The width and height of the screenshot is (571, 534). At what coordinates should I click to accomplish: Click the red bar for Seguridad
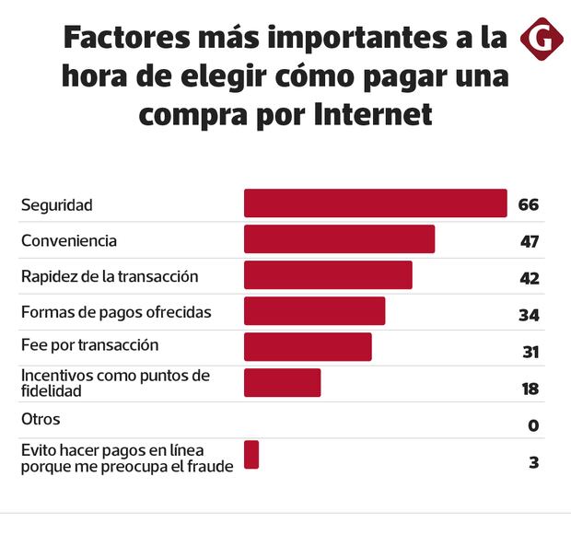[x=375, y=203]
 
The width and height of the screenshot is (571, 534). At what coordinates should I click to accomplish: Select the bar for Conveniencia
[x=339, y=239]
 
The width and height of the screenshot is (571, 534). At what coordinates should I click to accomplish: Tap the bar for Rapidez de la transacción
[x=328, y=275]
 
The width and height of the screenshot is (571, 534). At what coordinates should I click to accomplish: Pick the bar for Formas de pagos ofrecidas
[x=314, y=311]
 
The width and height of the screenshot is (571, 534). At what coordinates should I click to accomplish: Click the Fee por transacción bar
[x=308, y=347]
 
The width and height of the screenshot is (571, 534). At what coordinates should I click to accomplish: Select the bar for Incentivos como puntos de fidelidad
[x=282, y=383]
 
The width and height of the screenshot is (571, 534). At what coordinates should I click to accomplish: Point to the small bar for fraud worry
[x=251, y=455]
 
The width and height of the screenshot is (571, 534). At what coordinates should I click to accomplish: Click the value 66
[x=528, y=204]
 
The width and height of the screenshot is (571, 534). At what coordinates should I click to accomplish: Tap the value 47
[x=528, y=241]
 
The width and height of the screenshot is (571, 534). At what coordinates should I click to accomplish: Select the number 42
[x=528, y=278]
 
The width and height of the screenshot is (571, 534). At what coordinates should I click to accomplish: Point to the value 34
[x=528, y=315]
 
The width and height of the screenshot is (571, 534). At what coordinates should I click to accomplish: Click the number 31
[x=529, y=352]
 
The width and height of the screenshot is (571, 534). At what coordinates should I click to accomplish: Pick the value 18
[x=530, y=389]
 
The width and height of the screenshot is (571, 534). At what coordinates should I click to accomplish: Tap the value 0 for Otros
[x=533, y=425]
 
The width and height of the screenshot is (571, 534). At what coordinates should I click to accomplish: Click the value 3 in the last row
[x=533, y=462]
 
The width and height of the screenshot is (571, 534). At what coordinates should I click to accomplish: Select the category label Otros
[x=41, y=419]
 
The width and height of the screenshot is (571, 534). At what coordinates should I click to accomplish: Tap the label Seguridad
[x=57, y=204]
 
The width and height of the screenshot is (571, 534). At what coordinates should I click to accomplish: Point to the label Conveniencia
[x=69, y=240]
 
